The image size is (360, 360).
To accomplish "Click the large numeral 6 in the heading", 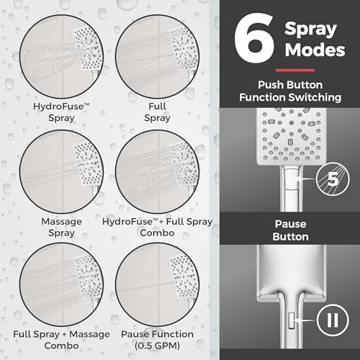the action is click(254, 38).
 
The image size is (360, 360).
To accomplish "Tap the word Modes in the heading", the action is click(315, 50).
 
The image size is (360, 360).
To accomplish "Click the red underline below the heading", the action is click(295, 71).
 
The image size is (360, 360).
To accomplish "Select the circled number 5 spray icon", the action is click(333, 179).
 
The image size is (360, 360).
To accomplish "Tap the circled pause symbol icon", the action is click(333, 320).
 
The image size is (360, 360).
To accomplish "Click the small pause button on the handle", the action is click(292, 320).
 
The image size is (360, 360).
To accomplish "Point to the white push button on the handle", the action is click(292, 179).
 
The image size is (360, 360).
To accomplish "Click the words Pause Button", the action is click(290, 230).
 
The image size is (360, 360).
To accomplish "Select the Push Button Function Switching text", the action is click(290, 91).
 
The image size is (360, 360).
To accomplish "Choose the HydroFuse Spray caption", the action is click(61, 112).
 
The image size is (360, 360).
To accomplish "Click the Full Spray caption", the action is click(157, 112).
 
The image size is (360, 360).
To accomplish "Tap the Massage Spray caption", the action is click(61, 227).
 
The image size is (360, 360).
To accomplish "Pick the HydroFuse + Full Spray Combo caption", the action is click(158, 227).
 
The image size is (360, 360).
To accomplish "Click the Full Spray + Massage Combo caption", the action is click(61, 340).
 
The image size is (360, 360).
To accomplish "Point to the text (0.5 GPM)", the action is click(157, 346).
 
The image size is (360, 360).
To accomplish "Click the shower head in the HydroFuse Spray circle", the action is click(89, 52).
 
